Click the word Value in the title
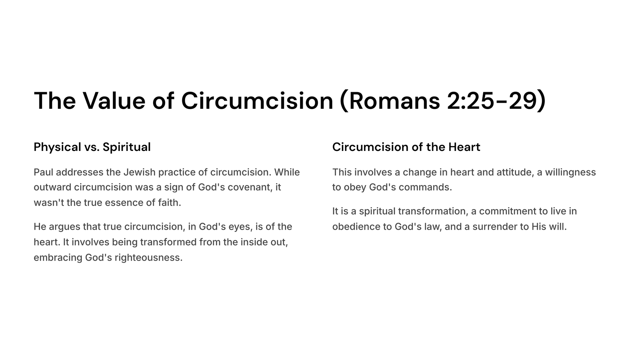click(114, 101)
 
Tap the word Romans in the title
click(395, 101)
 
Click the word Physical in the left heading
click(57, 147)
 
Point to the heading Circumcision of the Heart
click(406, 147)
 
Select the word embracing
click(58, 258)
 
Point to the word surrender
click(495, 227)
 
